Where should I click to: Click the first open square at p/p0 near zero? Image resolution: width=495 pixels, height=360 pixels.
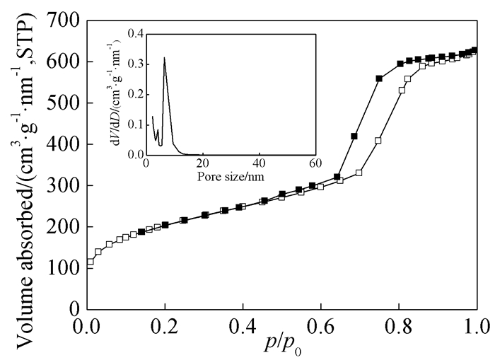(90, 262)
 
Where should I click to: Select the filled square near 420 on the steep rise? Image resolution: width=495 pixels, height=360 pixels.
(354, 137)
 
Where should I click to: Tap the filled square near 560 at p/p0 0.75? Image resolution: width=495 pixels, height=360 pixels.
(379, 79)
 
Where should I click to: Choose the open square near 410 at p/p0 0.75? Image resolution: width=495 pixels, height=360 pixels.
(378, 141)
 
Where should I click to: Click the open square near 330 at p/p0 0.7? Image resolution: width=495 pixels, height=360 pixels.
(359, 173)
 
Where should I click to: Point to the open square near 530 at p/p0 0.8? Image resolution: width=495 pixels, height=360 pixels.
(402, 91)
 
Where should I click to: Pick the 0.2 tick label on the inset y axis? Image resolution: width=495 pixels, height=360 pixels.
(134, 93)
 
